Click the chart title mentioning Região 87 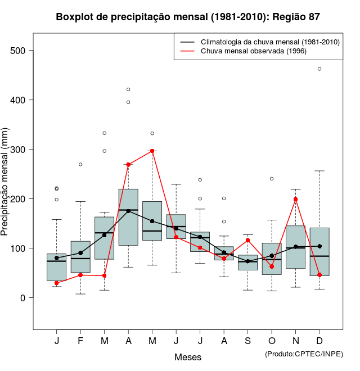[188, 17]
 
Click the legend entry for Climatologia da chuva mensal [270, 42]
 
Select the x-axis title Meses [188, 358]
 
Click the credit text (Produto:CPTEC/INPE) [304, 354]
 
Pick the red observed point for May [152, 151]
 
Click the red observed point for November [296, 199]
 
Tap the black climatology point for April [128, 211]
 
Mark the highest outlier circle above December [319, 69]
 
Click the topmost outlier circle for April [128, 89]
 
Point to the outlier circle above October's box [272, 179]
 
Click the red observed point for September [248, 241]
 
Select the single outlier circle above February [80, 164]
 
